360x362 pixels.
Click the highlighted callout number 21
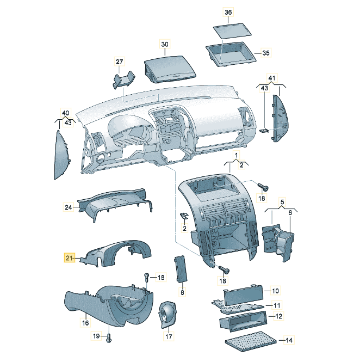69,257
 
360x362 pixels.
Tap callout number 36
228,12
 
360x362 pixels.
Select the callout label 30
165,44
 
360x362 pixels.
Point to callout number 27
119,62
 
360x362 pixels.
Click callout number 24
69,207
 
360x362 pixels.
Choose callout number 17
169,336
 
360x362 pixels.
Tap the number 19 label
96,335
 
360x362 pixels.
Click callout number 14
289,340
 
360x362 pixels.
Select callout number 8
182,292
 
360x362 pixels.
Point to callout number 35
266,53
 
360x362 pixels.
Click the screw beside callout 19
108,338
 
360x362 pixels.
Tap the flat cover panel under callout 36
232,30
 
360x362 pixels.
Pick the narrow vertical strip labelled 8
180,269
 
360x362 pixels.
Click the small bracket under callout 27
124,79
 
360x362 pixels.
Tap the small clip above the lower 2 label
184,216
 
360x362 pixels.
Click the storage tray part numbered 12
243,321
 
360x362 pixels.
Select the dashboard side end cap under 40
63,155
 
